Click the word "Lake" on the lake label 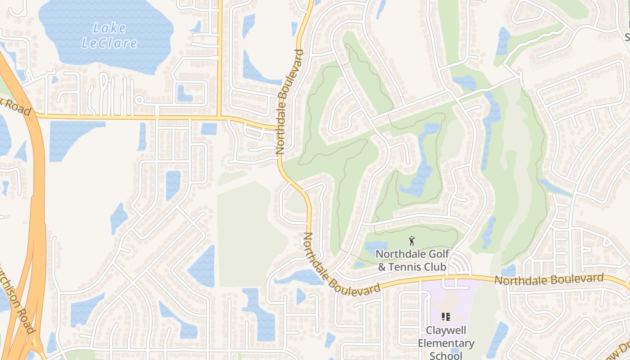point(109,28)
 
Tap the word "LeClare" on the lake point(109,43)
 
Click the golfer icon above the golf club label point(411,241)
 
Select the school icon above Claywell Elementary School point(446,317)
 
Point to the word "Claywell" point(446,331)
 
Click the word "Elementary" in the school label point(446,344)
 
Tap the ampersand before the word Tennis point(382,267)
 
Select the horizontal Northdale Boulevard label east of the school point(549,279)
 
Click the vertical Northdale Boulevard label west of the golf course point(289,102)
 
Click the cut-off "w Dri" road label point(621,351)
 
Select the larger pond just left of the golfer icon point(376,246)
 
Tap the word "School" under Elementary point(446,355)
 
